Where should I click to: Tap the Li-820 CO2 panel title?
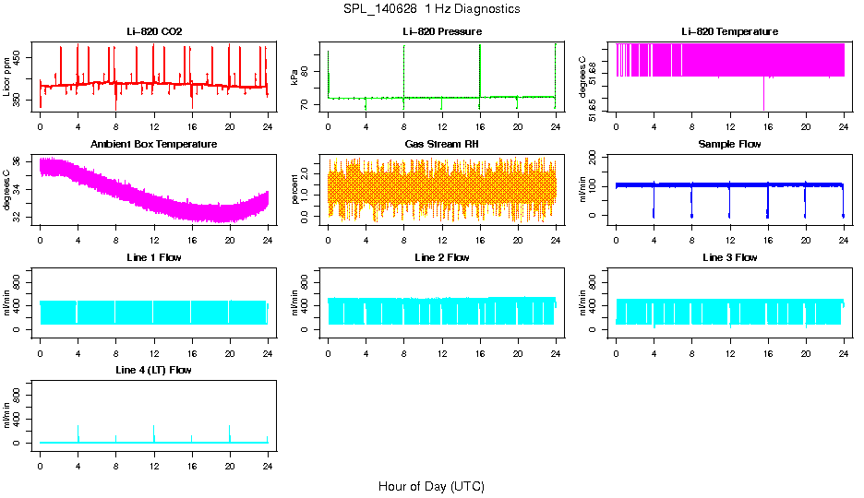click(154, 31)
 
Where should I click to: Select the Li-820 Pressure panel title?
click(442, 31)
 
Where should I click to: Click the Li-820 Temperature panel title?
click(729, 31)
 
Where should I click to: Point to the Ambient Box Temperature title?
click(154, 144)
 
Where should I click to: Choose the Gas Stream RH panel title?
click(442, 144)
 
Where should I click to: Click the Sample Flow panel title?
click(729, 144)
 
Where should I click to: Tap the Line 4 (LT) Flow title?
click(154, 370)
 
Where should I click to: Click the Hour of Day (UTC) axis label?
click(431, 486)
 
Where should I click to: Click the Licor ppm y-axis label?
click(7, 78)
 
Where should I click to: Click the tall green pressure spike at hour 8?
click(404, 69)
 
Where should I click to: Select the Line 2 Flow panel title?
click(442, 257)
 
